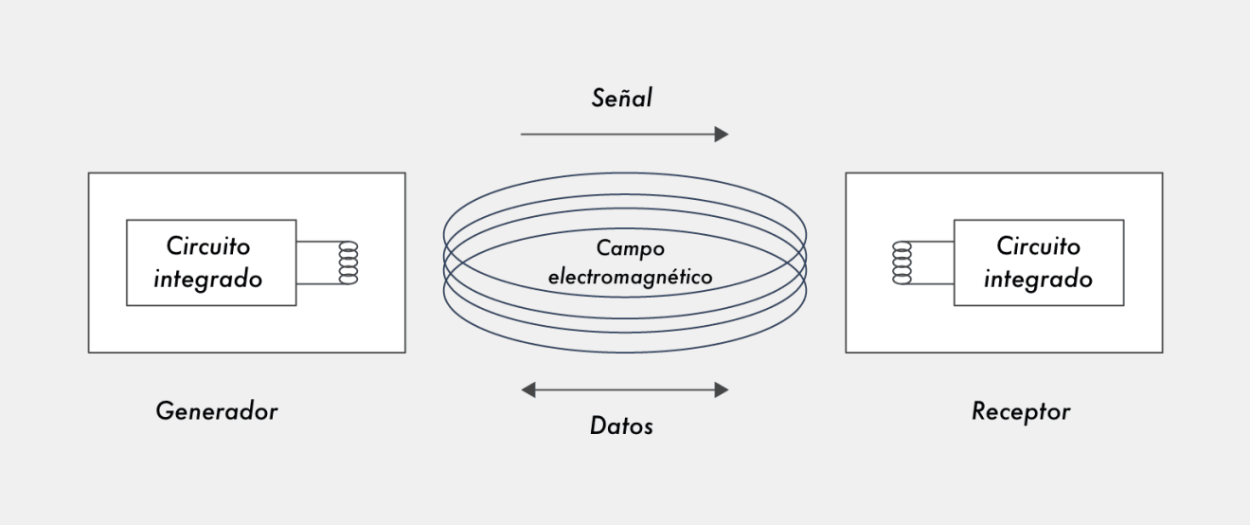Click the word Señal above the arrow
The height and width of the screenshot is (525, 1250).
(x=622, y=97)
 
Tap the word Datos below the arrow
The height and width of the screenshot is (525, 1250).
(x=621, y=425)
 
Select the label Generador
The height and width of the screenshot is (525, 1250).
(x=217, y=411)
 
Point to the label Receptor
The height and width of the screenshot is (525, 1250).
(x=1021, y=411)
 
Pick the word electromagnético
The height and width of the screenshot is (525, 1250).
(x=630, y=279)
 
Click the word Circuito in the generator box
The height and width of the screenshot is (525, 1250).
(x=209, y=246)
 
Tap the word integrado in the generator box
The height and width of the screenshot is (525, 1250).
(x=208, y=280)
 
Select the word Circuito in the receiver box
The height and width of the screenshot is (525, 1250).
(x=1038, y=246)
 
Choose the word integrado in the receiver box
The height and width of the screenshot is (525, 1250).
(x=1038, y=280)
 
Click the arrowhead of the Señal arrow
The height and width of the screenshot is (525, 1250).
(x=722, y=135)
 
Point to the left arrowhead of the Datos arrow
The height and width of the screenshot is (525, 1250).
(x=528, y=389)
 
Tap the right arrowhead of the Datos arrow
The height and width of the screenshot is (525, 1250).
(x=722, y=389)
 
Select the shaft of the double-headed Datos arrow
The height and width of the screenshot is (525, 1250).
(x=625, y=389)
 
